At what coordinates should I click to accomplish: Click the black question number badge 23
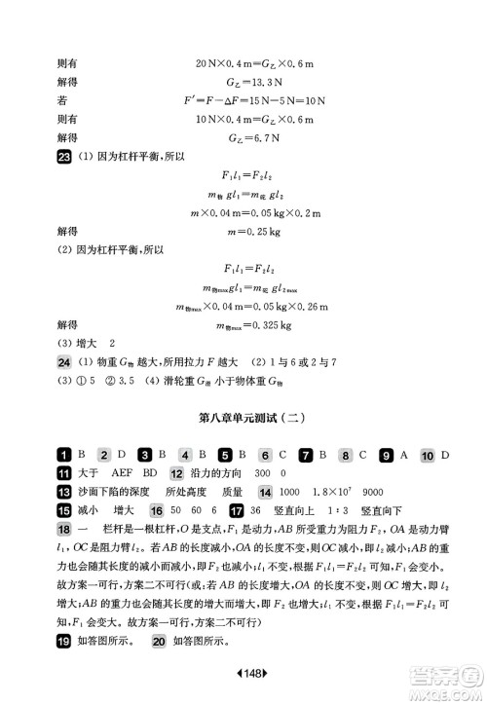(x=63, y=158)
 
